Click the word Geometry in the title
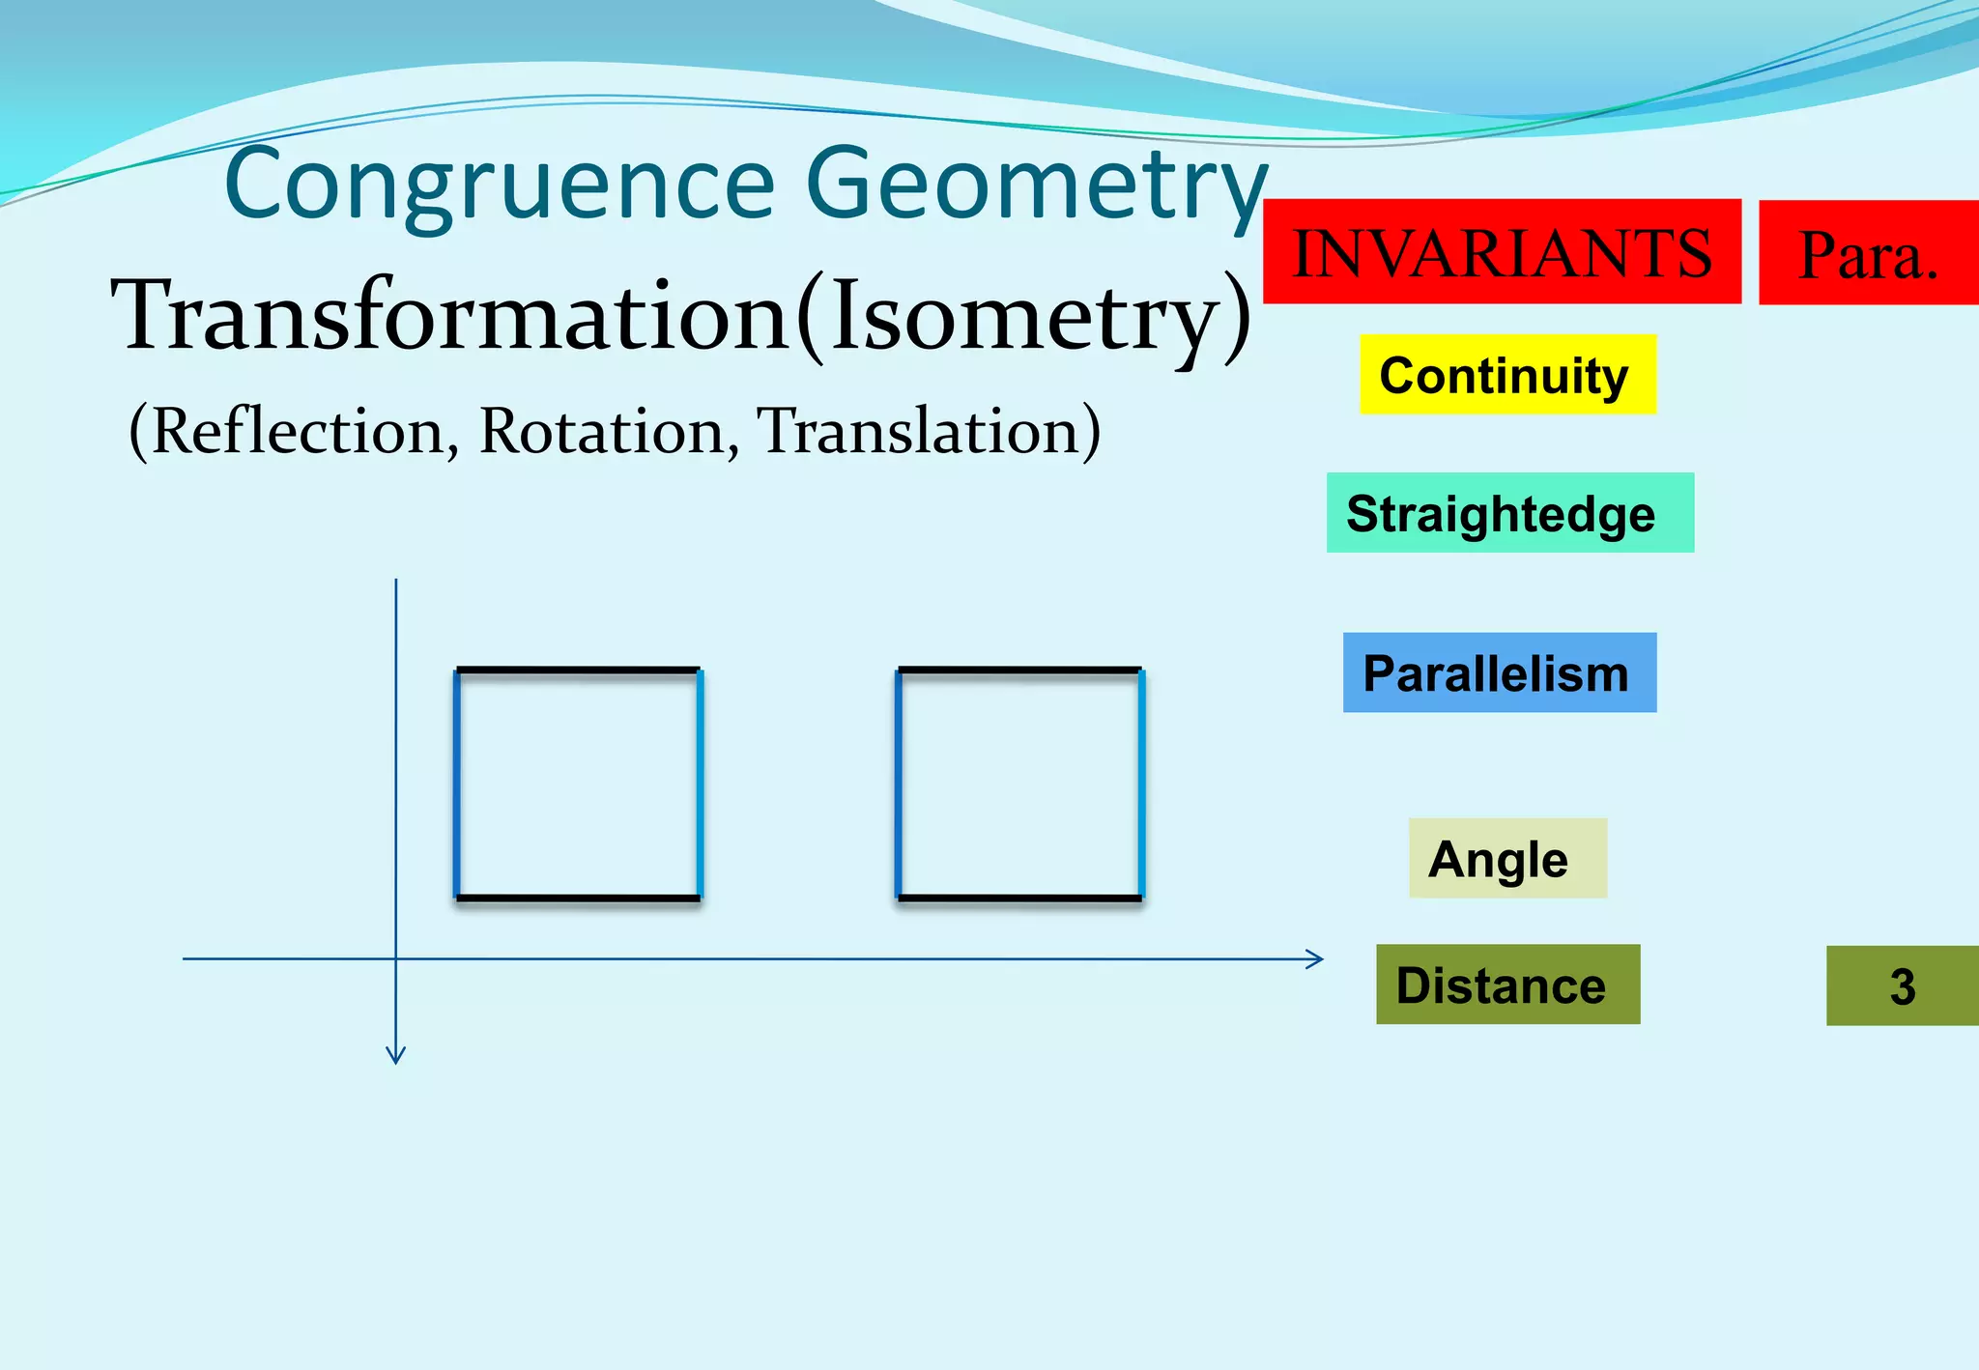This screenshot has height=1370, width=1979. point(1034,184)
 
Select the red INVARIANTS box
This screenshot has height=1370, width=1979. point(1502,252)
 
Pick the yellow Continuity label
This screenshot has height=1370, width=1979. point(1507,375)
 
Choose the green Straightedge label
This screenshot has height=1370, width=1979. point(1509,513)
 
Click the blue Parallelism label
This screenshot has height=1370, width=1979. point(1499,673)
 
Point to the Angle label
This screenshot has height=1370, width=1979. point(1507,859)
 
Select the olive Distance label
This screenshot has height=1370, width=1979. point(1507,985)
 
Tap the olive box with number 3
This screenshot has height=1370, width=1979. point(1902,986)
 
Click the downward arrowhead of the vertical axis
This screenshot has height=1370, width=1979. point(395,1056)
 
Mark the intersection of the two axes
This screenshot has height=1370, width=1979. point(395,958)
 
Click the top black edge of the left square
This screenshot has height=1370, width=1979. point(578,670)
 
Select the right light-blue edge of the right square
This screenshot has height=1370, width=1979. point(1141,784)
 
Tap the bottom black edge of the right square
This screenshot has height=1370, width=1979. point(1019,899)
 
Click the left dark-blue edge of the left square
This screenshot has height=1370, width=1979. point(456,784)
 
